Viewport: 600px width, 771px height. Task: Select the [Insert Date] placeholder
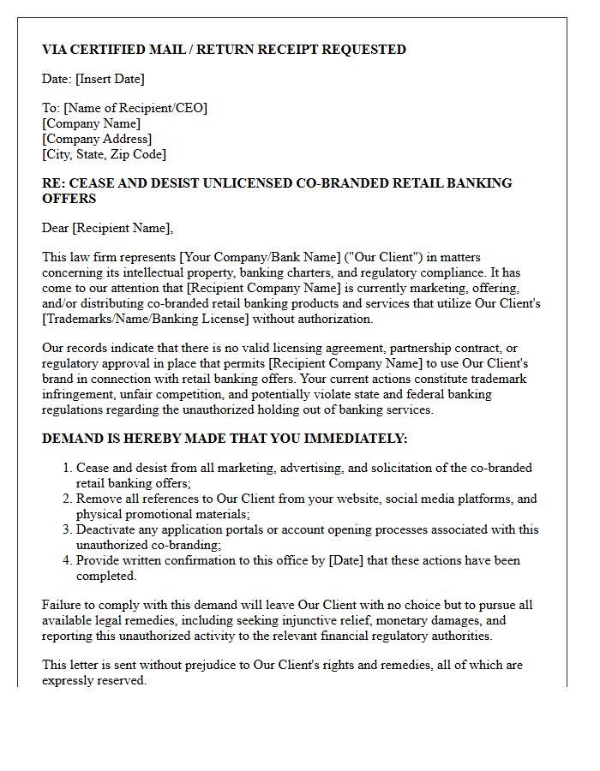point(110,79)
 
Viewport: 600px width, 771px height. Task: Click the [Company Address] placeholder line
point(97,139)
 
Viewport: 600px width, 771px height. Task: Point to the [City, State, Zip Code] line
point(104,154)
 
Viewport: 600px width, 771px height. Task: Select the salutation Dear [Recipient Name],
point(107,228)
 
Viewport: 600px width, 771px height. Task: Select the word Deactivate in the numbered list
point(107,529)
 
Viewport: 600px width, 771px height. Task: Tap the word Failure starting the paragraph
point(63,605)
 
